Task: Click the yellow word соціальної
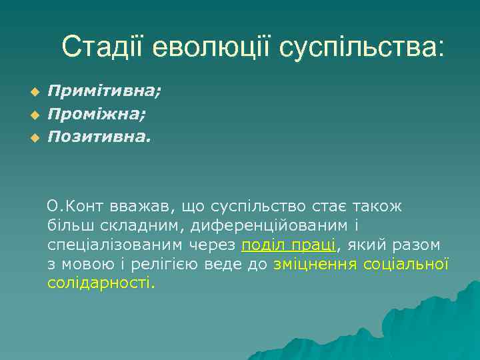(x=406, y=264)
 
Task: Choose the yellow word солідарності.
(x=101, y=283)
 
